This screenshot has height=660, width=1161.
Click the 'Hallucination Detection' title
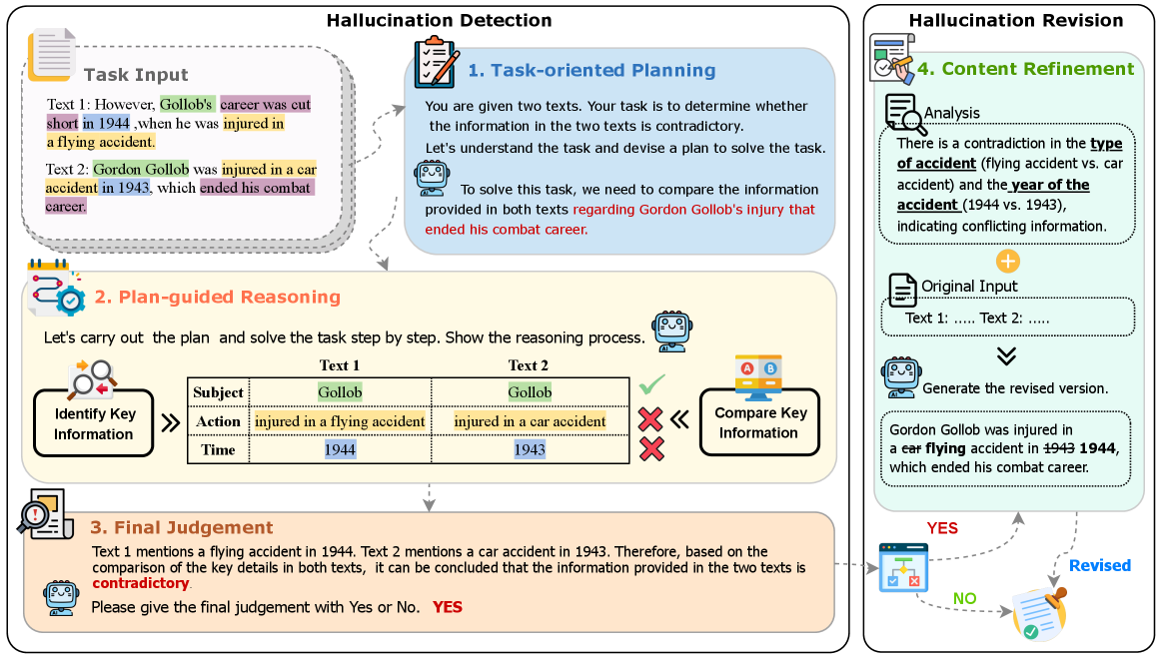point(439,20)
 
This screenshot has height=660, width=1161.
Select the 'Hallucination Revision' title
point(1016,20)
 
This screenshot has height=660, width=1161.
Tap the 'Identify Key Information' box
point(94,423)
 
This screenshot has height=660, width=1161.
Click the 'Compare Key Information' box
point(759,422)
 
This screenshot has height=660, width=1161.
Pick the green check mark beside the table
point(651,384)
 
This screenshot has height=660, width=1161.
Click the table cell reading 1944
point(340,449)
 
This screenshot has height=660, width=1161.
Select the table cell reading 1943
point(530,449)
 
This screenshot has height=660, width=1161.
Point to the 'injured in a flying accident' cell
point(340,421)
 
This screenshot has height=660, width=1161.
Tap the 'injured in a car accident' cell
point(530,421)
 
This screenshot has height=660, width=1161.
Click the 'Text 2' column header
point(528,365)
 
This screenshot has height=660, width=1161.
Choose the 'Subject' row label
point(219,392)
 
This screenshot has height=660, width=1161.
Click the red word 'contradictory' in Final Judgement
point(141,583)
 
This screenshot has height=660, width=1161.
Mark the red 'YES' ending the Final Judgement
point(448,607)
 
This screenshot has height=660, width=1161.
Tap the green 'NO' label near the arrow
point(965,598)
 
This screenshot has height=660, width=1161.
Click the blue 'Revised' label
point(1099,565)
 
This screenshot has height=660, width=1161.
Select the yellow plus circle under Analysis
point(1008,262)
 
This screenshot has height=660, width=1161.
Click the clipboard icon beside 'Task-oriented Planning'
point(436,62)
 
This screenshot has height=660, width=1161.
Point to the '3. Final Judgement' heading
point(182,527)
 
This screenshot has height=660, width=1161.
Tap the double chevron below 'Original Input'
point(1005,356)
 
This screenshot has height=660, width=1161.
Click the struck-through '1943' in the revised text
point(1059,448)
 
